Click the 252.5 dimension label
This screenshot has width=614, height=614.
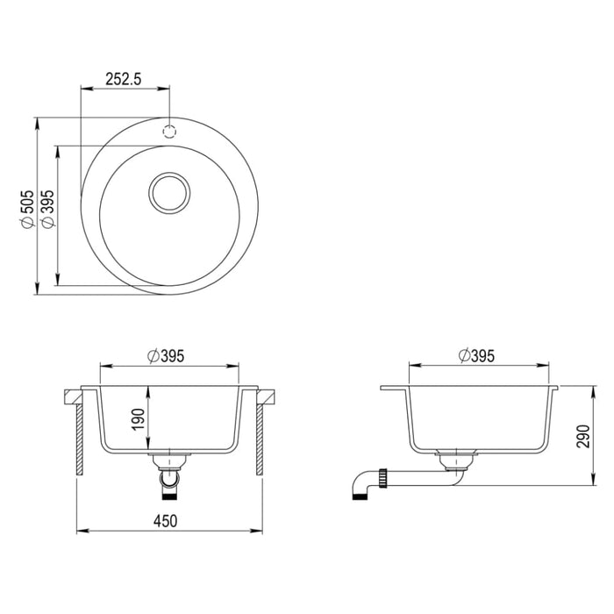coord(124,78)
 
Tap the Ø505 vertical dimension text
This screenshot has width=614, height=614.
coord(27,210)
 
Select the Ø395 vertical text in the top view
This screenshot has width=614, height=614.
coord(48,210)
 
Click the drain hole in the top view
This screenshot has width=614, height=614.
coord(168,192)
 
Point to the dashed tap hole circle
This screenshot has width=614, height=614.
coord(168,131)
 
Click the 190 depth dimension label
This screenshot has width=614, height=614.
coord(136,418)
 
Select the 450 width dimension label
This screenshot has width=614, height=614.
coord(167,521)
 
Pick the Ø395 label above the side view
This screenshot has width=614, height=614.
coord(477,355)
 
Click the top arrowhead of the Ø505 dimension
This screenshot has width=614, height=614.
coord(38,122)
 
